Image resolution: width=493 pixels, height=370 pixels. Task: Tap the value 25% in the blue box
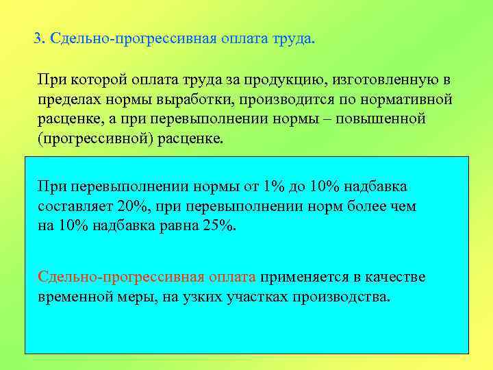218,225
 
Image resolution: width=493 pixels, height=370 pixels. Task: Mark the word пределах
71,99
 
